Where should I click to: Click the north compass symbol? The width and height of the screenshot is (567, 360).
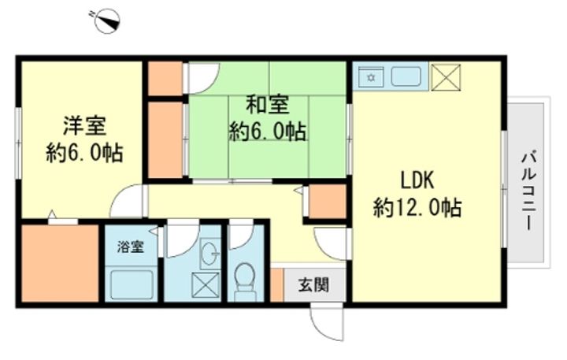coord(107,21)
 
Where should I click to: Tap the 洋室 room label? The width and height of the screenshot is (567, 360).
coord(84,125)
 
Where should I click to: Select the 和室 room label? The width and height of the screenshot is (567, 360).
coord(267,104)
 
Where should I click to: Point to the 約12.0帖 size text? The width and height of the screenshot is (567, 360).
coord(417,208)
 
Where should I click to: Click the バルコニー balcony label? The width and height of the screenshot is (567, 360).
coord(528,191)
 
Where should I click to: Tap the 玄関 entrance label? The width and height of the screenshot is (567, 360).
coord(313,285)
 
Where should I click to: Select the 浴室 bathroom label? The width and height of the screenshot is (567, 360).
coord(131,247)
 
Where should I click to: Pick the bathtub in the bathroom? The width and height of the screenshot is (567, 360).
coord(132,284)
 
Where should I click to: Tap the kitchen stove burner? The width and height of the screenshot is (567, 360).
coord(371,77)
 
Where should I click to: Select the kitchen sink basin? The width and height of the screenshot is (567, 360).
coord(406,76)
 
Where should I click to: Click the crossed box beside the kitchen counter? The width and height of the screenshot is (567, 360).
coord(446,77)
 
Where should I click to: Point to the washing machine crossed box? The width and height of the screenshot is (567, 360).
coord(205,285)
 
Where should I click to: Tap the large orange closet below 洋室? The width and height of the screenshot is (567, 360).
coord(60,263)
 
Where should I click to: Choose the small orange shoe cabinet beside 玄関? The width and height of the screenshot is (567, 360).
coord(276,284)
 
